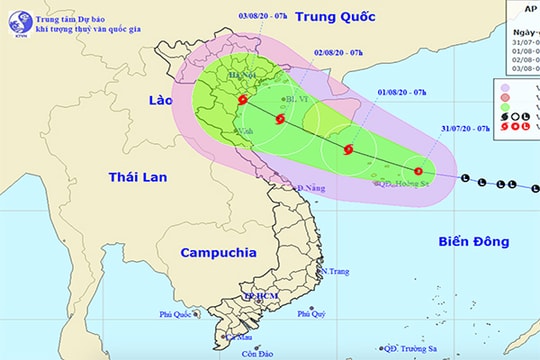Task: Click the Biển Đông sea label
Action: point(473,241)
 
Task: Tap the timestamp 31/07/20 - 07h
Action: point(464,129)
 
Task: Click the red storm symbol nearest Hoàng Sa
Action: point(417,171)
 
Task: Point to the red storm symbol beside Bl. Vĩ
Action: point(279,118)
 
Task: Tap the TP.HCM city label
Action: point(259,297)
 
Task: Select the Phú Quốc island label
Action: point(176,314)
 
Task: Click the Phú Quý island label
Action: point(312,313)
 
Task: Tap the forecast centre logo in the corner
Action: point(16,18)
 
